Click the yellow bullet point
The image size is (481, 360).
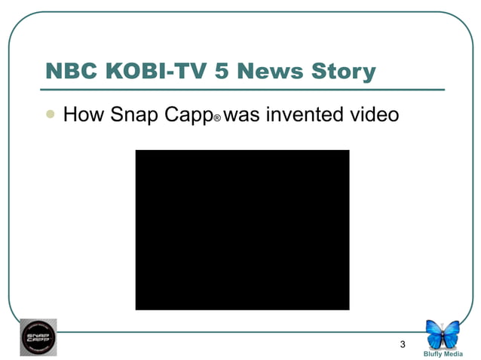click(51, 114)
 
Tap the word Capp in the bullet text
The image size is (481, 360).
click(185, 117)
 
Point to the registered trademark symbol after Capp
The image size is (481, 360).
click(217, 120)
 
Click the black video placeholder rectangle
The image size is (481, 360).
click(242, 230)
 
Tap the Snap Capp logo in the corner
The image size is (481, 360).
click(38, 337)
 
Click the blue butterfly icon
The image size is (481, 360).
click(443, 334)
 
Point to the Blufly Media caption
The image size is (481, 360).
click(443, 353)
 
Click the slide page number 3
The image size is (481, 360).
click(403, 345)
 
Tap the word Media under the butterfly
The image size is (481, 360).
click(453, 353)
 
